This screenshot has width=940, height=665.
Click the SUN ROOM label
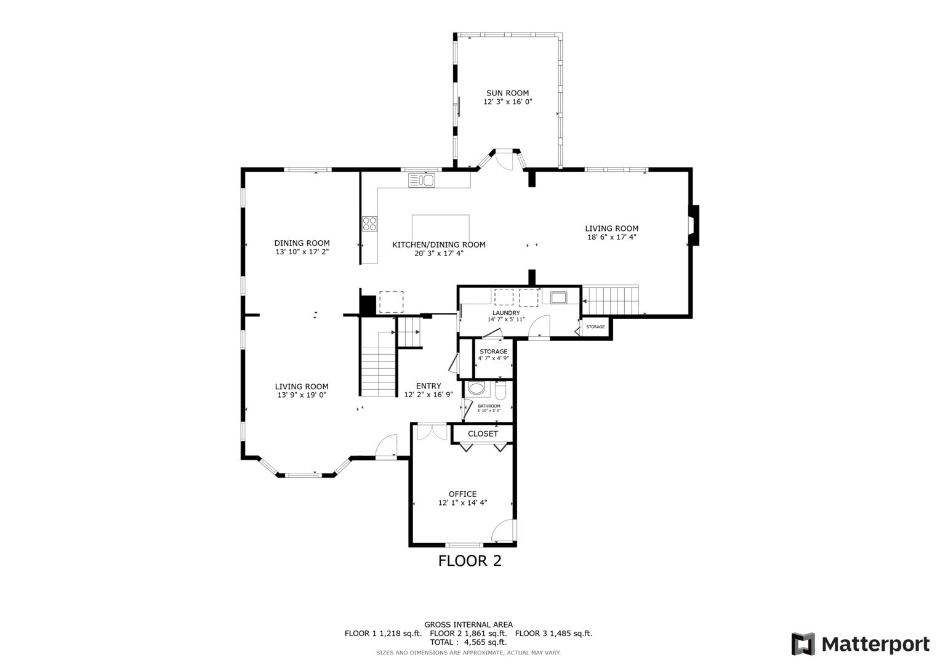point(507,93)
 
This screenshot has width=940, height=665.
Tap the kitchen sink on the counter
point(421,180)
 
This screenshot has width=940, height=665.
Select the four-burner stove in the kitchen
point(370,224)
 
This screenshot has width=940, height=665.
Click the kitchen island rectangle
point(441,229)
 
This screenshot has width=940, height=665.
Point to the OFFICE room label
point(462,494)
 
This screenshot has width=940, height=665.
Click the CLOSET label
point(483,433)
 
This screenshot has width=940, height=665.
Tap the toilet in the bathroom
point(500,391)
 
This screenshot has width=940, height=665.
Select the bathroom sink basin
point(476,389)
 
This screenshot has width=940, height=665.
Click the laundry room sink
point(559,297)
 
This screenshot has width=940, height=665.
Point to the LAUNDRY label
point(506,313)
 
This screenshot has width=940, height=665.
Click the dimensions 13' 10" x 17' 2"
point(302,252)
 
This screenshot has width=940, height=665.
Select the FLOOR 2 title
point(470,561)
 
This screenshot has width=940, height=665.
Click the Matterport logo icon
point(803,644)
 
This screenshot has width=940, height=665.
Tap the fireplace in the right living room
point(693,225)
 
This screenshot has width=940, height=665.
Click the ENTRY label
point(428,386)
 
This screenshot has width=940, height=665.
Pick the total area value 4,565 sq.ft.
point(485,642)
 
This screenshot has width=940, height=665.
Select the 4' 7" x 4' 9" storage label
point(494,358)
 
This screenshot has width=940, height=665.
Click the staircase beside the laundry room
point(611,300)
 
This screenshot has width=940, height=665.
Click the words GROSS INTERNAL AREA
point(468,625)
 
